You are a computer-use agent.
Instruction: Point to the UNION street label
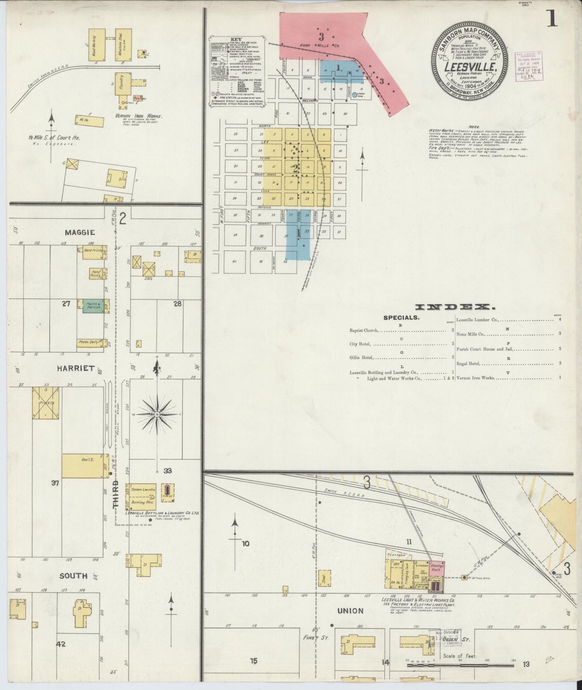tap(350, 611)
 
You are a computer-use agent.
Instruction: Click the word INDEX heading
tap(455, 308)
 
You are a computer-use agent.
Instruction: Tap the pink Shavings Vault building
tap(437, 568)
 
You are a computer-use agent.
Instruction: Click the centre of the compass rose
tap(157, 414)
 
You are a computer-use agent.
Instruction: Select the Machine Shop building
tap(123, 44)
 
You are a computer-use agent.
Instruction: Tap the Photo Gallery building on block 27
tap(91, 343)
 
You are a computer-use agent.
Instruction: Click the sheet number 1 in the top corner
tap(552, 19)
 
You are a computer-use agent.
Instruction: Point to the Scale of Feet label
tap(460, 656)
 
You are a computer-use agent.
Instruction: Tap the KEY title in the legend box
tap(236, 39)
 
